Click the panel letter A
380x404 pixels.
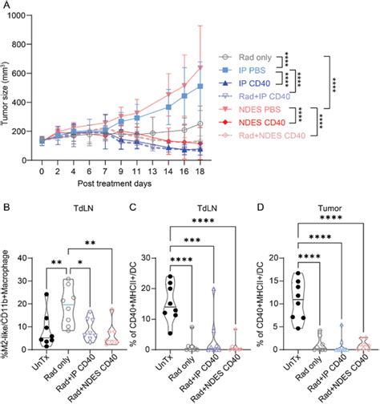[6, 7]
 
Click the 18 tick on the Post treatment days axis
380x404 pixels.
[203, 172]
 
